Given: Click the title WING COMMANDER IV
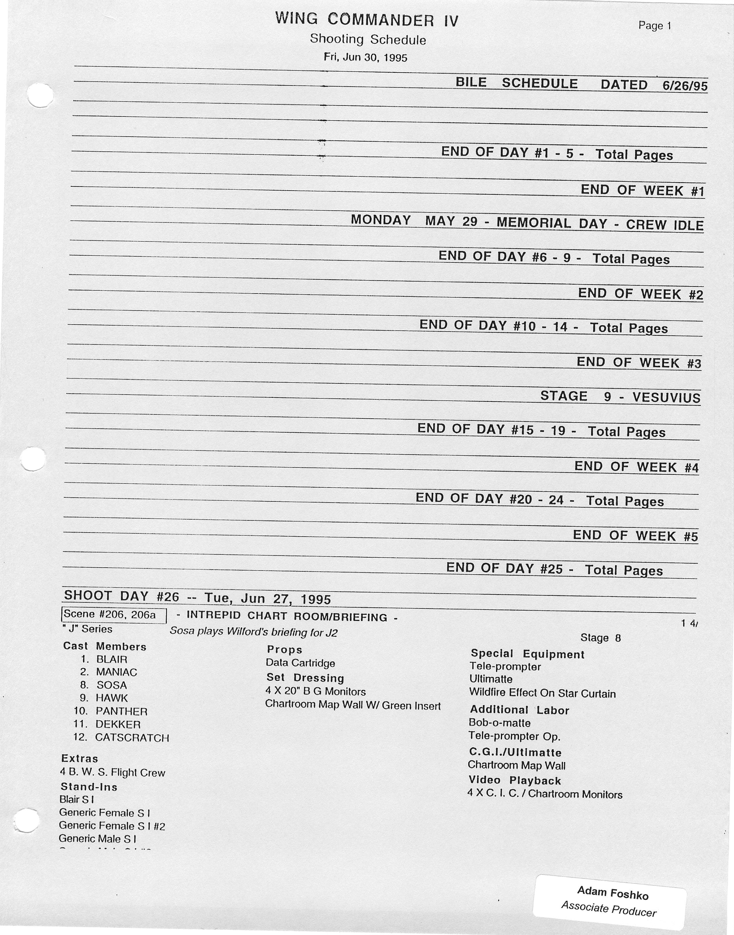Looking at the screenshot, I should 367,20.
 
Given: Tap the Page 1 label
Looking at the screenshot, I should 655,26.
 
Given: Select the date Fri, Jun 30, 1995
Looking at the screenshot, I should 365,57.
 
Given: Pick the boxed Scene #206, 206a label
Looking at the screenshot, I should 113,615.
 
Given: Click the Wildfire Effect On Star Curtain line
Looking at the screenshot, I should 542,693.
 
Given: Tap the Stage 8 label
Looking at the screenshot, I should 600,638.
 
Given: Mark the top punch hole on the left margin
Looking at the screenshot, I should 40,95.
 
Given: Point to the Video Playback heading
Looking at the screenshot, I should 515,780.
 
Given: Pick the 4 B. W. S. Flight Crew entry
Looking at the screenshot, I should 113,773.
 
